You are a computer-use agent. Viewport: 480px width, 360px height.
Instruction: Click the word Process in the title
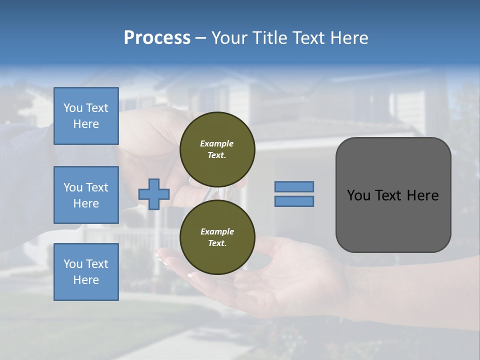[x=157, y=38]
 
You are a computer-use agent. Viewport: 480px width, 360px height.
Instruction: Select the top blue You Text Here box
[x=86, y=116]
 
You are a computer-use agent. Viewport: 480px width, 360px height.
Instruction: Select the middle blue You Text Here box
[x=86, y=195]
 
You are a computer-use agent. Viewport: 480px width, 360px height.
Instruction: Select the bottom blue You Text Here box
[x=86, y=272]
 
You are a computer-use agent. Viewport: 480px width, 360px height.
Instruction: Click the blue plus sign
[x=154, y=194]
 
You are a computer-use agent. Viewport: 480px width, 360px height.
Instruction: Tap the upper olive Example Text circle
[x=217, y=149]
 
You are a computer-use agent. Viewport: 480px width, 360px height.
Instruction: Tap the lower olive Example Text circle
[x=217, y=237]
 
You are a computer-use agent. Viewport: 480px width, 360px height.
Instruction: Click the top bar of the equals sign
[x=294, y=186]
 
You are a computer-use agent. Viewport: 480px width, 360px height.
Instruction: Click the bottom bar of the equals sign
[x=294, y=201]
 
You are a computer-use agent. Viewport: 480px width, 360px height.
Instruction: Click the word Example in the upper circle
[x=217, y=143]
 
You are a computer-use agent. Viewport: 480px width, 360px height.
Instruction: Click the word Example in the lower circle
[x=217, y=231]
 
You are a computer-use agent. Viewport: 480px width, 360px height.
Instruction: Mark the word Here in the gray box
[x=422, y=195]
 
